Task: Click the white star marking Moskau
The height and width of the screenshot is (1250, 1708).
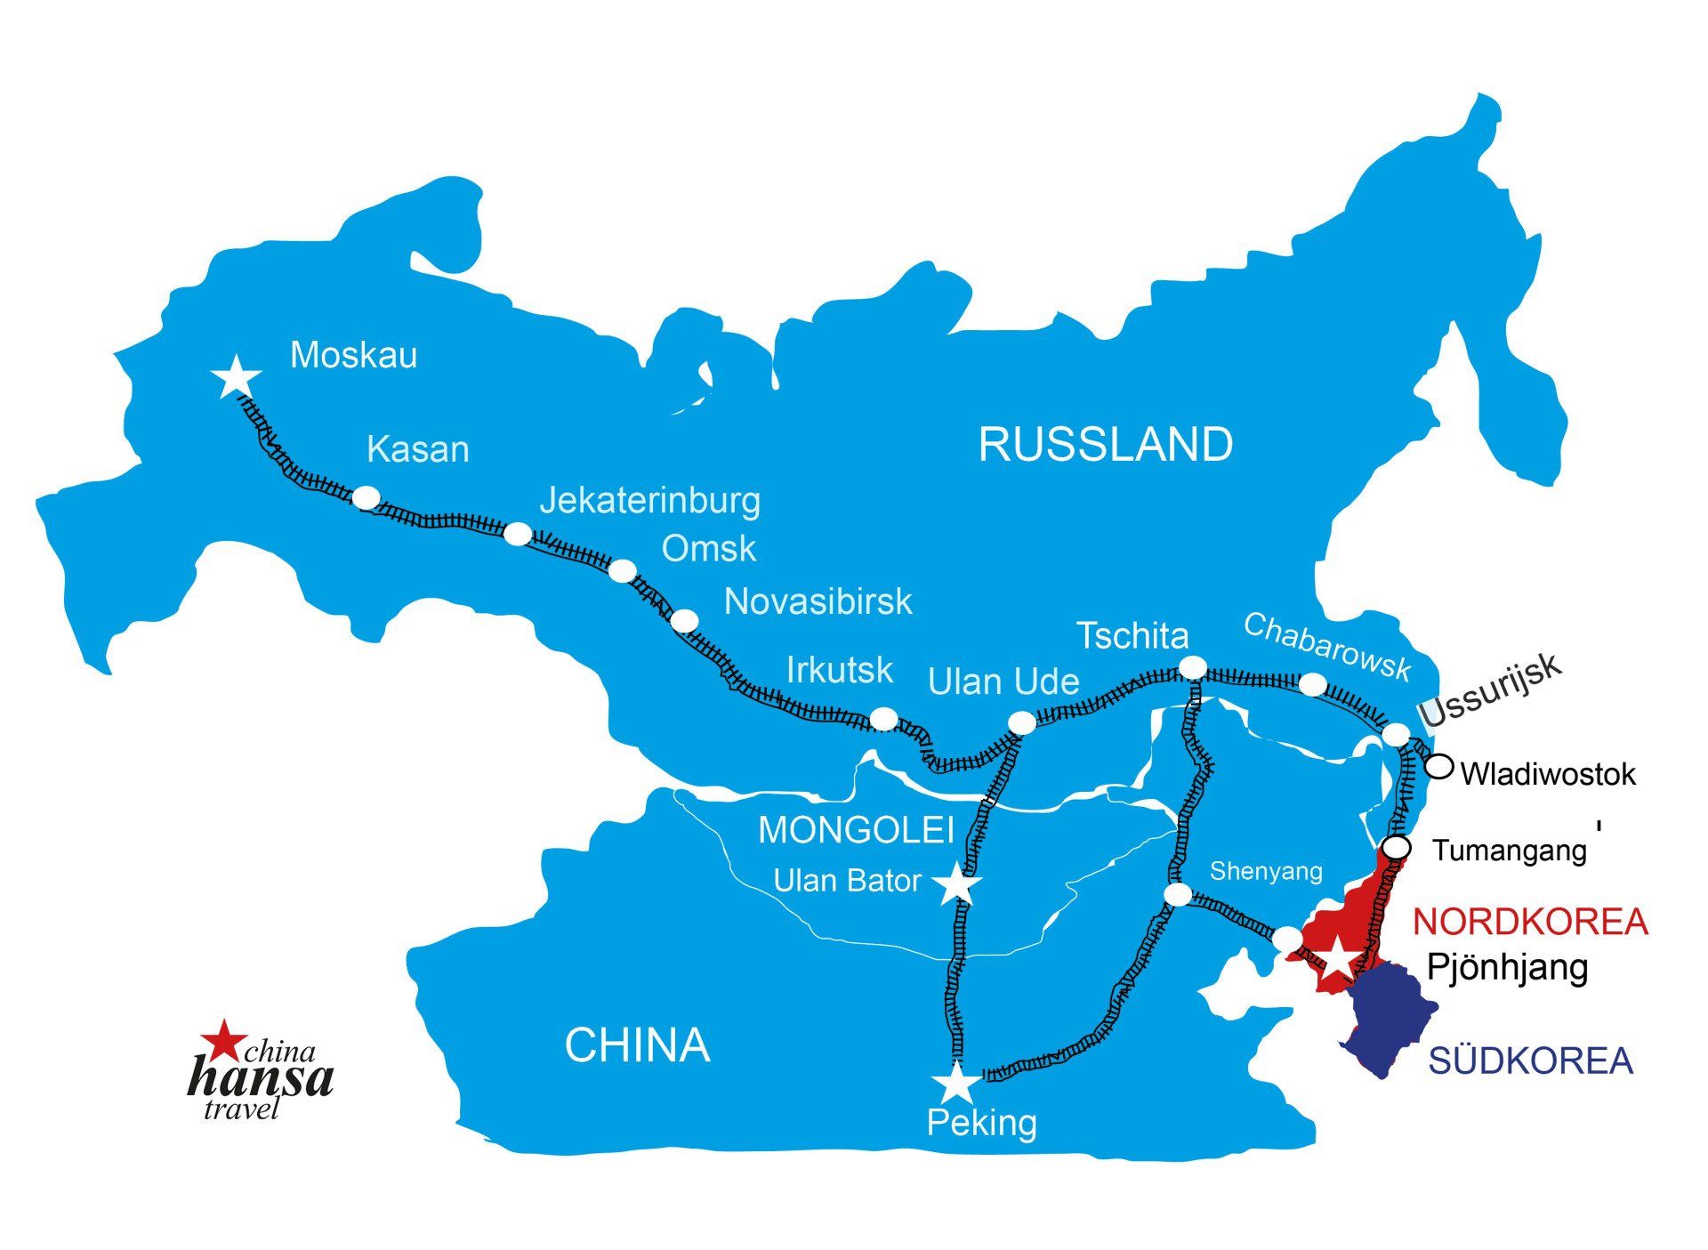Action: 237,377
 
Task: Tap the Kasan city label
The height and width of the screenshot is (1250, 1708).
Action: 417,449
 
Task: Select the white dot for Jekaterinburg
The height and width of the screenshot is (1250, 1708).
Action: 518,534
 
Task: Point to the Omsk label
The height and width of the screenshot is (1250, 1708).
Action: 708,549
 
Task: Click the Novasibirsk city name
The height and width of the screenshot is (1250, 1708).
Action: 818,602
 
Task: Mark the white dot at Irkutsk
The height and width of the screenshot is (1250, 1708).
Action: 883,718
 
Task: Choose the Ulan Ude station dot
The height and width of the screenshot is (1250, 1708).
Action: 1022,723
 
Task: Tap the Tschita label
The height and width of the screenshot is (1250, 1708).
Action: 1132,636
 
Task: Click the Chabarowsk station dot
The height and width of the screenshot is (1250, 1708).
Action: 1313,684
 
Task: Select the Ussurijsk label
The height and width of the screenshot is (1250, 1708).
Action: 1489,690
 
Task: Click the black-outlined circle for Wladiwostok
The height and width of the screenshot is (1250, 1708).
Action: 1439,766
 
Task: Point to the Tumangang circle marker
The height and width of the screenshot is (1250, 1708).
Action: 1398,848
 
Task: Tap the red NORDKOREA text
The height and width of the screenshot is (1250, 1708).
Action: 1530,922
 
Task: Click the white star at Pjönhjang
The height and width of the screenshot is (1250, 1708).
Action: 1338,959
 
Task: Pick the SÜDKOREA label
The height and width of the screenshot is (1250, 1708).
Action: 1530,1060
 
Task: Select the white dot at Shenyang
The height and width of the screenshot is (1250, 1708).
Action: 1178,895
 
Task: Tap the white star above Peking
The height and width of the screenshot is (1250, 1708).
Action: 957,1084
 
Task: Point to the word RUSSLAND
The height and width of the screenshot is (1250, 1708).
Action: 1106,444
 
